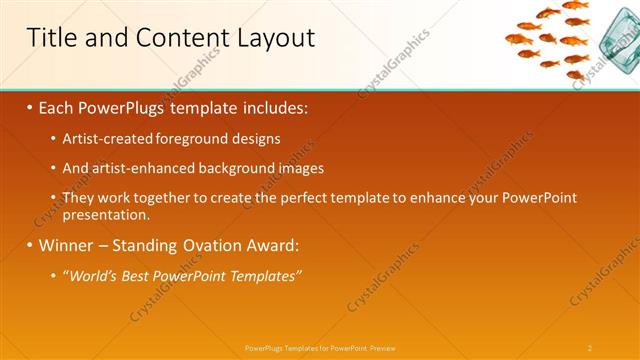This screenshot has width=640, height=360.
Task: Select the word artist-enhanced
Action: (135, 168)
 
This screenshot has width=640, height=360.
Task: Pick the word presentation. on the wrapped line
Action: (106, 214)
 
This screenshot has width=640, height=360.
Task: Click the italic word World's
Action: (92, 275)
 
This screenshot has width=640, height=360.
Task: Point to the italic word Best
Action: (139, 275)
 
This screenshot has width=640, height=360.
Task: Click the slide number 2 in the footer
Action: (590, 347)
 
